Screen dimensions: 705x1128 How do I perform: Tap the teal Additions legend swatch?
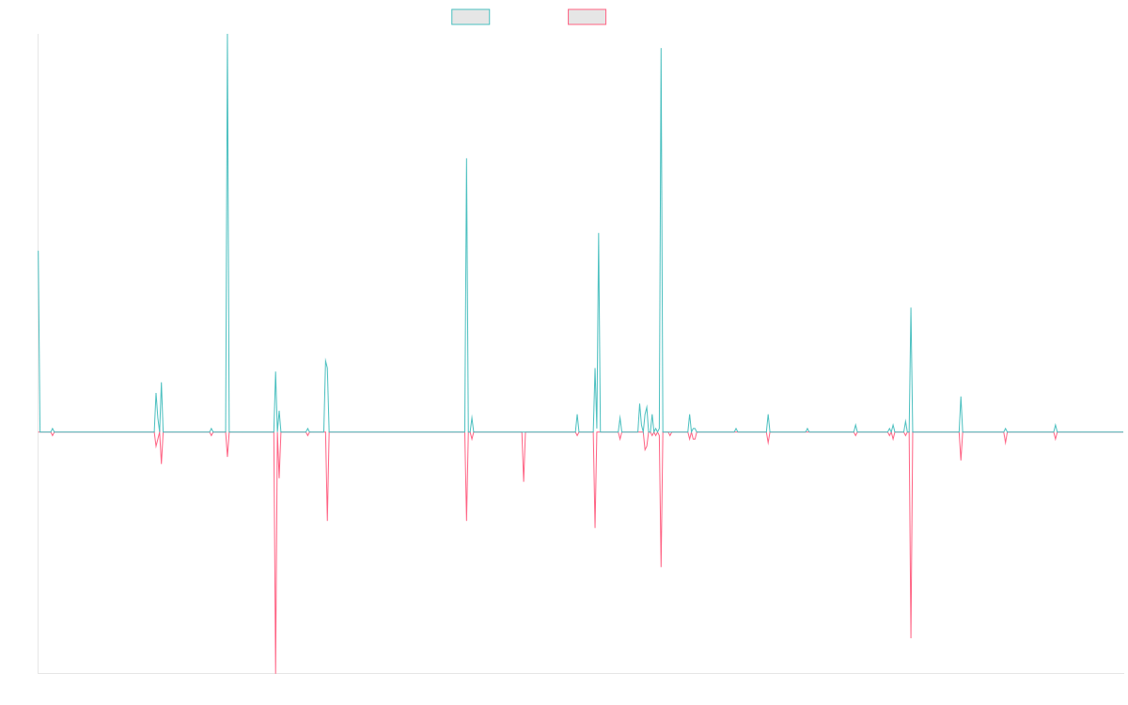[x=471, y=17]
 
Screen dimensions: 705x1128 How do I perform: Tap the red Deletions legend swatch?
[x=587, y=17]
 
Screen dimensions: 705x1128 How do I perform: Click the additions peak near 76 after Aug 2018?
[x=466, y=159]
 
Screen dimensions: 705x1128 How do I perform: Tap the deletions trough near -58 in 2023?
[x=911, y=637]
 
